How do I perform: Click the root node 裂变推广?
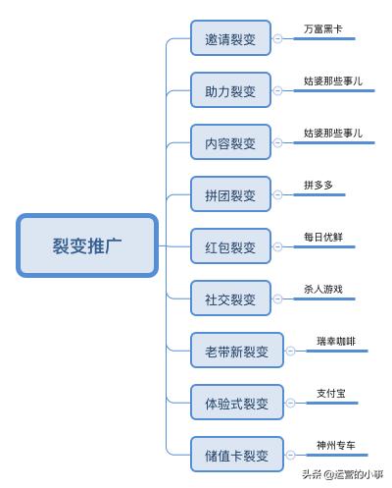pyautogui.click(x=86, y=245)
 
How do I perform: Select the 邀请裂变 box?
pyautogui.click(x=230, y=40)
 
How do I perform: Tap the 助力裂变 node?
pyautogui.click(x=230, y=91)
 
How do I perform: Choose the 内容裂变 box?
pyautogui.click(x=230, y=143)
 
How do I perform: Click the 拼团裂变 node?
pyautogui.click(x=230, y=194)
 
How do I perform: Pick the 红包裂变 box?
pyautogui.click(x=230, y=246)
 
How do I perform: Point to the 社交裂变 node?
pyautogui.click(x=230, y=298)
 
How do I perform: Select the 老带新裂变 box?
pyautogui.click(x=236, y=350)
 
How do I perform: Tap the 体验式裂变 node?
pyautogui.click(x=236, y=402)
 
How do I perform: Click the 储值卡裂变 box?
pyautogui.click(x=236, y=454)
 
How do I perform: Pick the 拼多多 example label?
pyautogui.click(x=318, y=185)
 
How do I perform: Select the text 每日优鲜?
pyautogui.click(x=323, y=237)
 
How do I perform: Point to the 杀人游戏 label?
pyautogui.click(x=323, y=289)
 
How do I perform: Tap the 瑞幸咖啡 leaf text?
pyautogui.click(x=336, y=341)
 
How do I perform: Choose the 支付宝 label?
pyautogui.click(x=330, y=393)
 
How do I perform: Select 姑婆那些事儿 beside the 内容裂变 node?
pyautogui.click(x=333, y=133)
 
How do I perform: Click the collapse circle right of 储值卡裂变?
pyautogui.click(x=290, y=454)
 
